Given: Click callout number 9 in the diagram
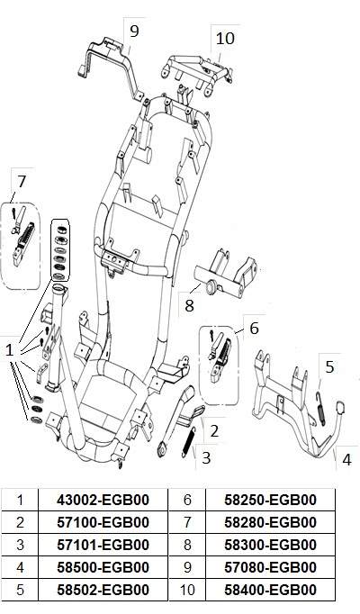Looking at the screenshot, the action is coord(134,32).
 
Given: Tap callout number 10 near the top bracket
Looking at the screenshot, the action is coord(225,39).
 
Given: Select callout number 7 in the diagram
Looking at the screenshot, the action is coord(22,181).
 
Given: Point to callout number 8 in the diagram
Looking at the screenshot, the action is coord(189,305).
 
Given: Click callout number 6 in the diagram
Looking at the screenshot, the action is coord(254,328).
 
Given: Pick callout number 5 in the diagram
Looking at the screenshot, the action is coord(330,367).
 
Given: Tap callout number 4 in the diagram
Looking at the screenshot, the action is coord(346,459).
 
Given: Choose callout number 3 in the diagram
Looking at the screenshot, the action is coord(206,457).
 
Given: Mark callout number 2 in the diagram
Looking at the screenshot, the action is coord(214,431).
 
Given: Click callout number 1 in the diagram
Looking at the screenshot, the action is coord(9,349).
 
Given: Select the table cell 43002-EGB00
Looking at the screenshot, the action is coord(103,500).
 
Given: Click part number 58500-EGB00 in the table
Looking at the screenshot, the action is coord(103,567).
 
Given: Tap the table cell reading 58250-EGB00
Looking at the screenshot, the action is coord(270,500).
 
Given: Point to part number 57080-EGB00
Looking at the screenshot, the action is coord(270,567).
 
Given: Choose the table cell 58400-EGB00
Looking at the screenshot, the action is coord(270,590).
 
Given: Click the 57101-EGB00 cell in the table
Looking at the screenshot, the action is coord(103,545).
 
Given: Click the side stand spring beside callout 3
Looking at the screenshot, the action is coord(188,442).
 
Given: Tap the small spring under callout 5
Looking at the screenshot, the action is coord(320,409).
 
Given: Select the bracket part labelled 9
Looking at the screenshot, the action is coord(111,68).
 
